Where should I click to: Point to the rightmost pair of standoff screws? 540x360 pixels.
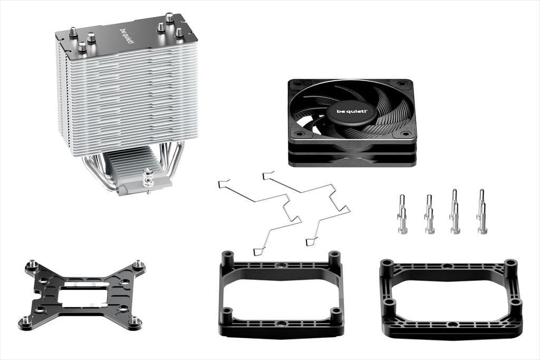[x=481, y=212]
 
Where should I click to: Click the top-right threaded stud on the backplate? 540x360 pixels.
[x=138, y=263]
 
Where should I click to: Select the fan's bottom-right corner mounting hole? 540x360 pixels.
[x=407, y=134]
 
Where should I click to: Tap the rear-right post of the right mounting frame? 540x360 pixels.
[x=510, y=266]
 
